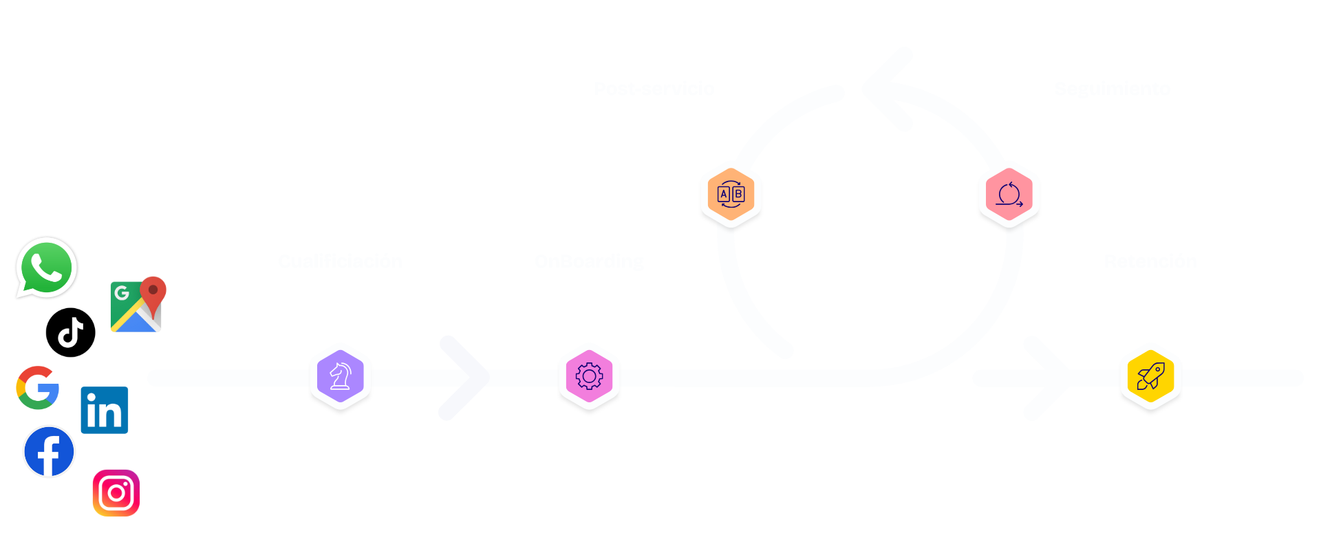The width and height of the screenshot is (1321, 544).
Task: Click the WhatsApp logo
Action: click(47, 268)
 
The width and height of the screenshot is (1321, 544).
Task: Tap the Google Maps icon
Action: click(138, 305)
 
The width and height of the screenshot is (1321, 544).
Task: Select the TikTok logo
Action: click(70, 333)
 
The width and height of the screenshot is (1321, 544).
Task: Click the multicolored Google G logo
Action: click(38, 388)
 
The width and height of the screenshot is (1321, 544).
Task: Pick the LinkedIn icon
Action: click(105, 411)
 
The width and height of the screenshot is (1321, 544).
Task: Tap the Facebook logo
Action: click(49, 452)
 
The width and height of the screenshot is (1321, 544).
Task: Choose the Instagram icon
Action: click(116, 493)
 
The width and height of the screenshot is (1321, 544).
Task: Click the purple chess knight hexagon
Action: click(341, 376)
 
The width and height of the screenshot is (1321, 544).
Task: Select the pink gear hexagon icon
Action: click(589, 376)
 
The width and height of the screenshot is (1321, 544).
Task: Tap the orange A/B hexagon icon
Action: click(731, 195)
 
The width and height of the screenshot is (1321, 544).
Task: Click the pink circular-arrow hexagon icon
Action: click(1009, 195)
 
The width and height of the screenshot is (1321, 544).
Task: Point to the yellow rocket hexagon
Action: click(1150, 376)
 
